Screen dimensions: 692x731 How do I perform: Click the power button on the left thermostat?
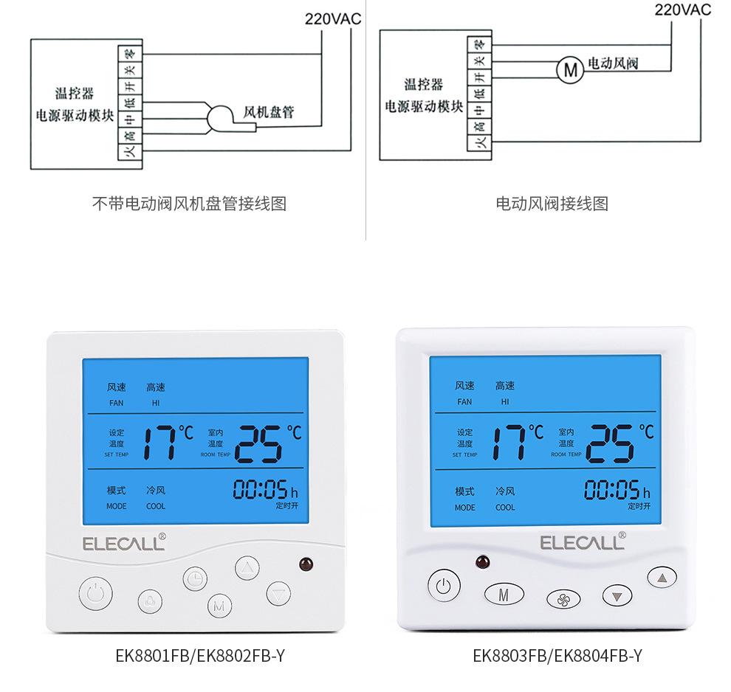(96, 592)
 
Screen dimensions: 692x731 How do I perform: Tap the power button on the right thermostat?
(443, 587)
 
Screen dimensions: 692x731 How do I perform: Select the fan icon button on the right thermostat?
(563, 598)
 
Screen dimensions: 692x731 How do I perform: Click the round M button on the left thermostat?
(219, 606)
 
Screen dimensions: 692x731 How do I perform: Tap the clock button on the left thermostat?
(195, 578)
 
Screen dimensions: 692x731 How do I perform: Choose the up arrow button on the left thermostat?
(247, 567)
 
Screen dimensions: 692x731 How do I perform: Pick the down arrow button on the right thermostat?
(618, 595)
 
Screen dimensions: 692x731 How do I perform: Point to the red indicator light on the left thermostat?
(306, 565)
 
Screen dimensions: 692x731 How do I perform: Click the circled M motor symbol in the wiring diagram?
(569, 70)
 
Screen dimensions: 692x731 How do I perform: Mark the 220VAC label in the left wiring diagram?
(333, 18)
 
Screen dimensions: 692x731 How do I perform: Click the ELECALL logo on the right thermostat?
(582, 542)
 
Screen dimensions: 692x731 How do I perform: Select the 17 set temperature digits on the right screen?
(509, 442)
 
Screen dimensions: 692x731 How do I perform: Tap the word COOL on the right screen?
(505, 508)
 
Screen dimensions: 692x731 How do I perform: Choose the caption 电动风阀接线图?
(552, 204)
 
